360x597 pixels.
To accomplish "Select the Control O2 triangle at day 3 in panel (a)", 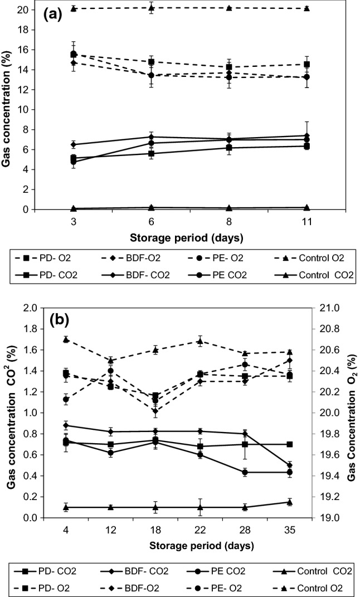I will point(74,8).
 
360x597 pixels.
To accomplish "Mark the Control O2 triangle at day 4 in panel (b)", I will point(66,339).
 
